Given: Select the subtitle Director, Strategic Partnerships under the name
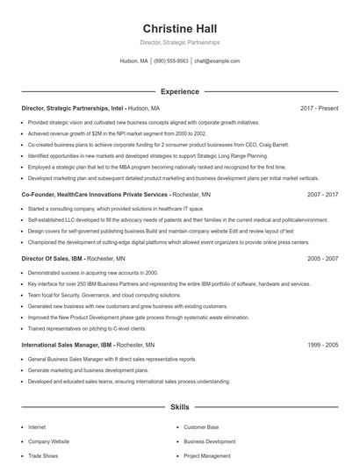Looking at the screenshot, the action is (179, 42).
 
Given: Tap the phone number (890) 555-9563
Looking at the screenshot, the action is (171, 61).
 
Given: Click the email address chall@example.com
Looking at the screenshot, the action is (217, 61).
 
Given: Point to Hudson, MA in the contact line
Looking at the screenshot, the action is (134, 61).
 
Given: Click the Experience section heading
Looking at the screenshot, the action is (179, 90).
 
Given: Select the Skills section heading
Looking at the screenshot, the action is (179, 408).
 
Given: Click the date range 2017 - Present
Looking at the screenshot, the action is (319, 108).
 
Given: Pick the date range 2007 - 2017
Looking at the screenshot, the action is (322, 194).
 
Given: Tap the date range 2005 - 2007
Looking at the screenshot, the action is (322, 259).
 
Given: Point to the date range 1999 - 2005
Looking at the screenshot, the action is (322, 345).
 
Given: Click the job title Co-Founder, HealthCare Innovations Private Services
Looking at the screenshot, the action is (95, 194).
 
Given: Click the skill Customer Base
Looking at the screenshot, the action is (200, 426).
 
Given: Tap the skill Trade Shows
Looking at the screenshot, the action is (43, 455).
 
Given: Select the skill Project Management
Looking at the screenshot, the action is (206, 455).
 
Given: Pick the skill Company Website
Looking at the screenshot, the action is (48, 441).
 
